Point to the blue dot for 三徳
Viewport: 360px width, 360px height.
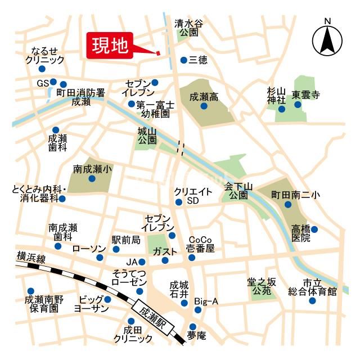click(x=183, y=60)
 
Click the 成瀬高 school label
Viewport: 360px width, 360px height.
click(x=204, y=97)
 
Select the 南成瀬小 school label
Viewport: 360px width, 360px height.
click(x=92, y=169)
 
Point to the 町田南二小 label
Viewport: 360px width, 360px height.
click(x=296, y=195)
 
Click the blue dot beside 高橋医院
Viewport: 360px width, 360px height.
click(x=314, y=229)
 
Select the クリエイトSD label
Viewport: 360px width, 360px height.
click(x=193, y=196)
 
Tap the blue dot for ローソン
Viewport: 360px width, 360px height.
click(x=100, y=258)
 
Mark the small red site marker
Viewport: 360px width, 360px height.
click(x=158, y=53)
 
